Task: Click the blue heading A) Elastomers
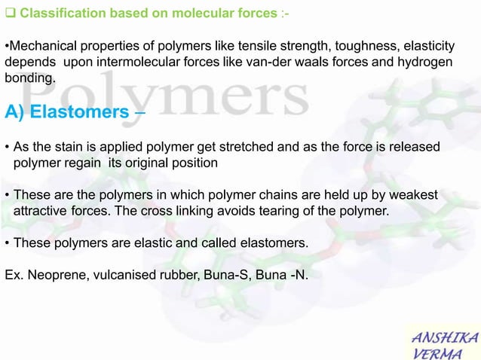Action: click(67, 112)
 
